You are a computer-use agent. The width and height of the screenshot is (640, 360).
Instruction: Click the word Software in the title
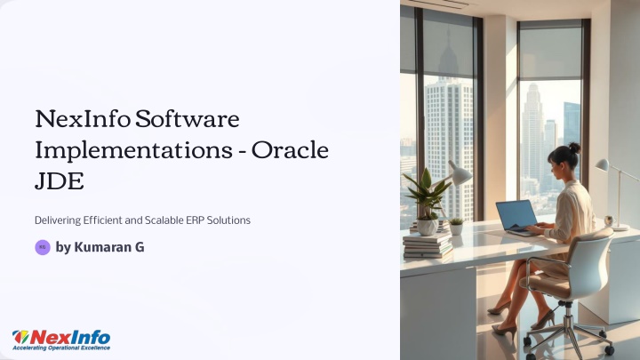[187, 119]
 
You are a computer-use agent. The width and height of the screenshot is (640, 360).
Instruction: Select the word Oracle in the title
[290, 150]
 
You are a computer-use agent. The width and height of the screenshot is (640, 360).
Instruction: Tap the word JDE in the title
[60, 181]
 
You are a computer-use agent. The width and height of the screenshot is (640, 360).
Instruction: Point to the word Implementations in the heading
[134, 151]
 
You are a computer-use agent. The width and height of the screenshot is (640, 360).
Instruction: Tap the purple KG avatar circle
[43, 247]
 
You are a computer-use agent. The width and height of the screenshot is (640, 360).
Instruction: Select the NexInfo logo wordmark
[70, 338]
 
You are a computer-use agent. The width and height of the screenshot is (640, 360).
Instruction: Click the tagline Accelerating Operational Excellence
[61, 348]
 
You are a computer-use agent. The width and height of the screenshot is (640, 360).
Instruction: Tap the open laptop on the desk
[517, 218]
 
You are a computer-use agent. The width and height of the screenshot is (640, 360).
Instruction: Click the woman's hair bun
[575, 148]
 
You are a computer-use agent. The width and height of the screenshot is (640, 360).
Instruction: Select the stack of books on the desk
[428, 244]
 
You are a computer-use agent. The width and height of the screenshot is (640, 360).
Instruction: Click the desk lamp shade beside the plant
[460, 173]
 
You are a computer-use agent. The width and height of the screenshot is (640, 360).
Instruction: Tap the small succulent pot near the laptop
[456, 227]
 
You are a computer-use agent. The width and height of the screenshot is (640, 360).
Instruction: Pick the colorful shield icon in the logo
[20, 337]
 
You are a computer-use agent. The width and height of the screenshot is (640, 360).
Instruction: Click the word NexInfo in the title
[83, 119]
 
